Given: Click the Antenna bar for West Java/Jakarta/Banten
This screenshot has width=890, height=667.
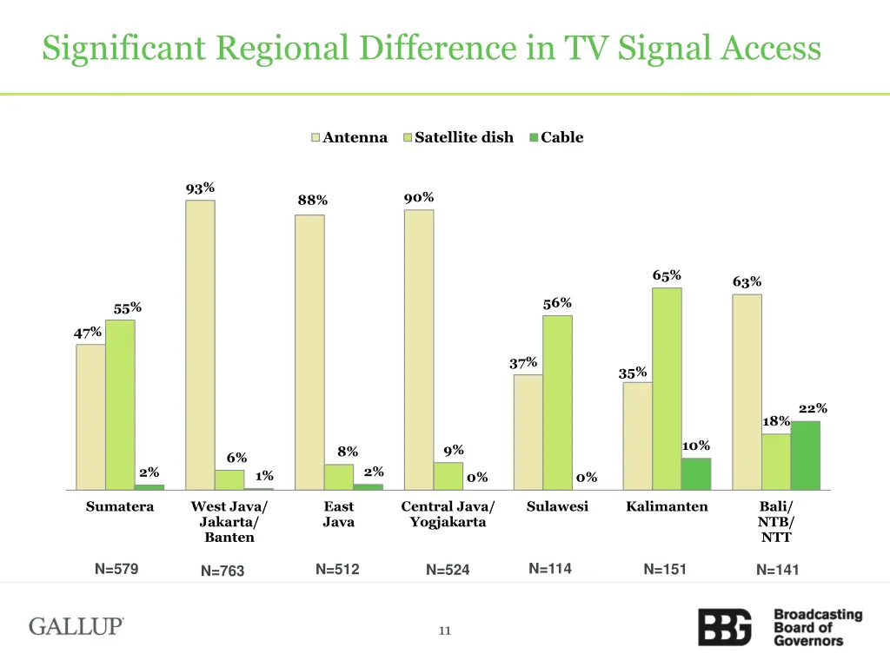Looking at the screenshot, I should [x=200, y=345].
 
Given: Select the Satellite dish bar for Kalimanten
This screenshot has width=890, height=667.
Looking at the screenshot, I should [x=667, y=388].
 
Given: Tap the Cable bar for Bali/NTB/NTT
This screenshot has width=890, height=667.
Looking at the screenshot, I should [x=806, y=455].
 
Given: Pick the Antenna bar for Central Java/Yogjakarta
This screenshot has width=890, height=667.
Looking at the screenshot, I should [x=419, y=349].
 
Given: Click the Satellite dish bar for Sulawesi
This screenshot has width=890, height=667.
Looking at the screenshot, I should [x=557, y=402].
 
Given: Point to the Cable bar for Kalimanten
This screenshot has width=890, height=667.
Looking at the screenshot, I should [x=695, y=473].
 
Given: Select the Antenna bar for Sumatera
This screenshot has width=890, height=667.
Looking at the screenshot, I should [x=90, y=417].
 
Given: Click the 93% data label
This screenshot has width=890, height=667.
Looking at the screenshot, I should [x=200, y=188].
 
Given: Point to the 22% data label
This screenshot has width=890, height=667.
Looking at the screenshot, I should [x=813, y=408].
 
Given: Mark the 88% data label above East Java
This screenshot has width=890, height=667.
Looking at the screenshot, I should [x=313, y=201].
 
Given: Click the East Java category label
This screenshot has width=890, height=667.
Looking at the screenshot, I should [x=338, y=514].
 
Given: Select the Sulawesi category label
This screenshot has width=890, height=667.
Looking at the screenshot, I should [x=557, y=506].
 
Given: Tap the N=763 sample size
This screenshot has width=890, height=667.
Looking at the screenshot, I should [x=222, y=571].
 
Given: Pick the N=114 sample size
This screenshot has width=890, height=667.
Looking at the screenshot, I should [x=550, y=569].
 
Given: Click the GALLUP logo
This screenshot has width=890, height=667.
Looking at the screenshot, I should [x=76, y=626].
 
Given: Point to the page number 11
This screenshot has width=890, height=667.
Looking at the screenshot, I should [x=444, y=631].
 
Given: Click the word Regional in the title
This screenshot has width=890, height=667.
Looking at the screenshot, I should [x=278, y=48].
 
